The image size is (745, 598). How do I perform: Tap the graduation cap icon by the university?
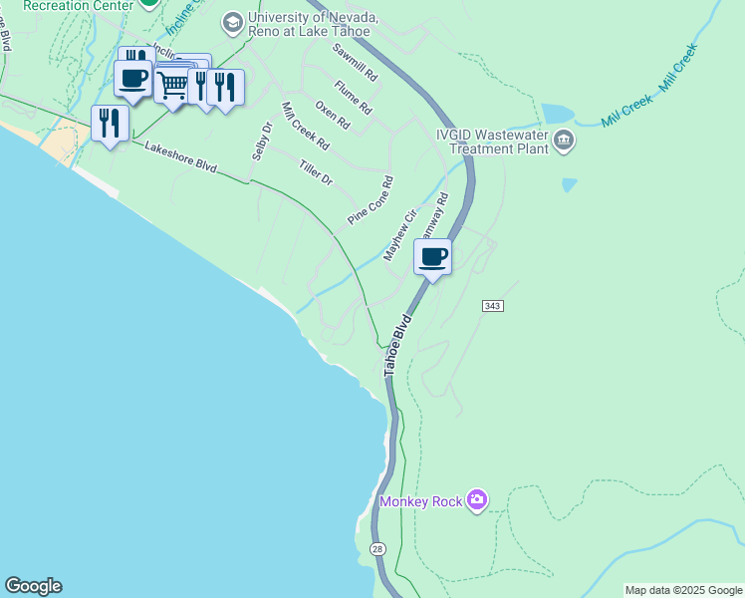232,21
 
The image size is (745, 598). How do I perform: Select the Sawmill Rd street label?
356,62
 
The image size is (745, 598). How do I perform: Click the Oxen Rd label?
333,115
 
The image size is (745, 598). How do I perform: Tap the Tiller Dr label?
315,170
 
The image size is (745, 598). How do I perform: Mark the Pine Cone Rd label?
371,200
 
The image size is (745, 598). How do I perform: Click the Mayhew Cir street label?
399,236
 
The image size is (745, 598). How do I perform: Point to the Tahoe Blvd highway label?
397,346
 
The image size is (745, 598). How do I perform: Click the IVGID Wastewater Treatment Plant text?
492,141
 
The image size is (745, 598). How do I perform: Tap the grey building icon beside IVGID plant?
564,142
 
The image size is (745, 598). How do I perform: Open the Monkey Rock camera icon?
477,499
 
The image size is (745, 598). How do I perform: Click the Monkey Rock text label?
421,501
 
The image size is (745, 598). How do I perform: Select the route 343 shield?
495,304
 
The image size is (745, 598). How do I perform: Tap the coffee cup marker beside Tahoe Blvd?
432,258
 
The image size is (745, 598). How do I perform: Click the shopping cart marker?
173,85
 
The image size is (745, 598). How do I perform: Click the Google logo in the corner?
33,586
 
